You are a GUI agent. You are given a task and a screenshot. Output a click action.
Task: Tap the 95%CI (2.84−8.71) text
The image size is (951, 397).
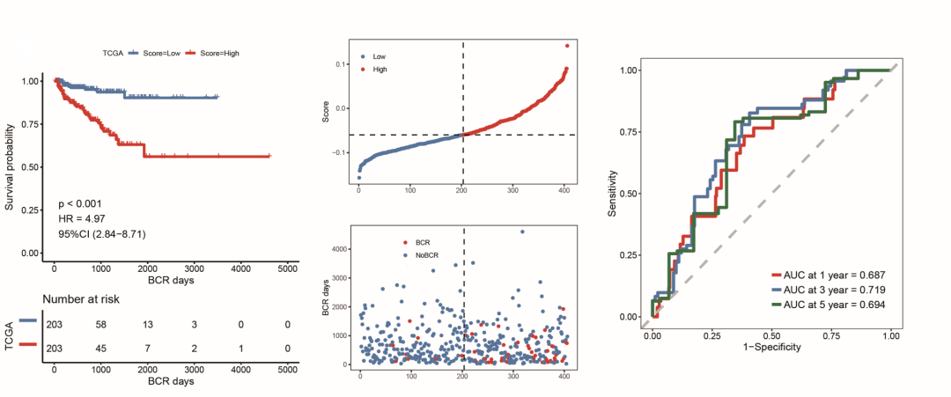(x=101, y=233)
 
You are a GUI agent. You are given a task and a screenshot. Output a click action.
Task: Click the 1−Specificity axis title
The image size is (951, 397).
(x=771, y=348)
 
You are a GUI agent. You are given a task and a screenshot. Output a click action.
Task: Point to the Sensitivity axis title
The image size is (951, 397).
(x=612, y=194)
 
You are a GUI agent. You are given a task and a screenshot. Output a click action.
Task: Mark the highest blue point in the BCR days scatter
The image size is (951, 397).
(x=522, y=232)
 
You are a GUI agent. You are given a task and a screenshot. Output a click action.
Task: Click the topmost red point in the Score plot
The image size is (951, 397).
(x=567, y=46)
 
